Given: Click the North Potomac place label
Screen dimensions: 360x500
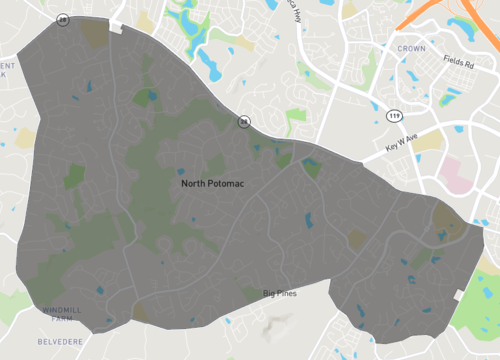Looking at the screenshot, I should tap(215, 184).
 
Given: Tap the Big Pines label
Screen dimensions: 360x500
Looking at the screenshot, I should tap(282, 293).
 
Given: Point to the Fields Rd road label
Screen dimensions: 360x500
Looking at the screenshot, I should tap(464, 66).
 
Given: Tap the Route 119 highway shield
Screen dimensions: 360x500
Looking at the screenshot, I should tap(394, 117).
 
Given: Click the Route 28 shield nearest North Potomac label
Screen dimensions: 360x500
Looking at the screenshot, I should tap(243, 122).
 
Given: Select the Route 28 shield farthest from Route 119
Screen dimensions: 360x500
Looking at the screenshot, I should tap(63, 19).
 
